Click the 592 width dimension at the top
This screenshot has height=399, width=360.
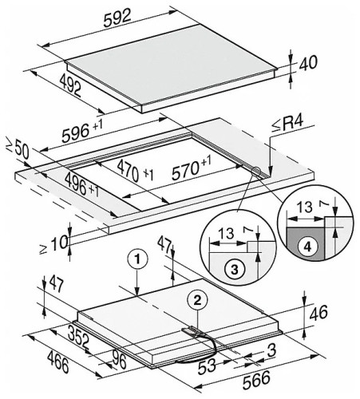pos(117,18)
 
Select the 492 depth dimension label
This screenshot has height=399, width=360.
pos(70,85)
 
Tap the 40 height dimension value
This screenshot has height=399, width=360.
pos(308,63)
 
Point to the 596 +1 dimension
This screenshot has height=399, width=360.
pos(82,131)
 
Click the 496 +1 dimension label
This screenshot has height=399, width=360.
pos(81,184)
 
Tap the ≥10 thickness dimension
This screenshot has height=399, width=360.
pos(53,244)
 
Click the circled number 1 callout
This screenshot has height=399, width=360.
pos(137,259)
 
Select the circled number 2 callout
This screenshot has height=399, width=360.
pos(197,301)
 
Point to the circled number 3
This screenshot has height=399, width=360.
pos(235,270)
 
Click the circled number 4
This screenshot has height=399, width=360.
pos(307,247)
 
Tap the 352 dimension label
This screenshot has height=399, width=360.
pos(78,338)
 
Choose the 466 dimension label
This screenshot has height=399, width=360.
pos(58,361)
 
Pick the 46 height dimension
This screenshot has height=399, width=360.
pos(318,313)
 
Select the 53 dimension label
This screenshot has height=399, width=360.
pos(207,365)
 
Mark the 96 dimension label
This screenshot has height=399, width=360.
pos(119,360)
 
